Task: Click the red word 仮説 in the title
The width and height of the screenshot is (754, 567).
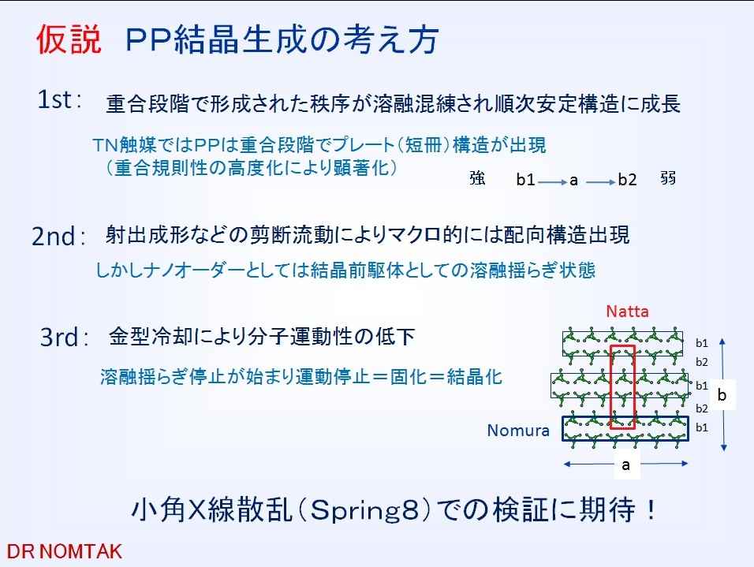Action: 69,39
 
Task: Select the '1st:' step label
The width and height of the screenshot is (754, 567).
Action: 60,99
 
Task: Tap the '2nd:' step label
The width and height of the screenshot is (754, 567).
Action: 58,236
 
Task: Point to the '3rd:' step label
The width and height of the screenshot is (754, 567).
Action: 65,337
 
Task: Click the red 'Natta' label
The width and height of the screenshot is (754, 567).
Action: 627,311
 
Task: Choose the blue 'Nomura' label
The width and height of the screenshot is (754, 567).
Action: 518,430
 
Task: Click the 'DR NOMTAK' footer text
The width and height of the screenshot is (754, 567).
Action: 65,551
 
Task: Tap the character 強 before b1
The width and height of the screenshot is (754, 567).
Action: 477,178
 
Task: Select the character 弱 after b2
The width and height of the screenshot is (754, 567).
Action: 668,178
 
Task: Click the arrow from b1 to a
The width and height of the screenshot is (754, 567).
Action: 553,182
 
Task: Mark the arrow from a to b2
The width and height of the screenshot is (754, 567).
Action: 601,182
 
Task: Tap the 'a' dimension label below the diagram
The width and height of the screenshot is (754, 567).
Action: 625,465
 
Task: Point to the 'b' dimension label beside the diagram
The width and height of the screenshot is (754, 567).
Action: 722,395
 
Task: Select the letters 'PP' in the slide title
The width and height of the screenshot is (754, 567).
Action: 148,39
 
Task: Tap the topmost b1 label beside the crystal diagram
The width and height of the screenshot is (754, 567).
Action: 702,343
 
